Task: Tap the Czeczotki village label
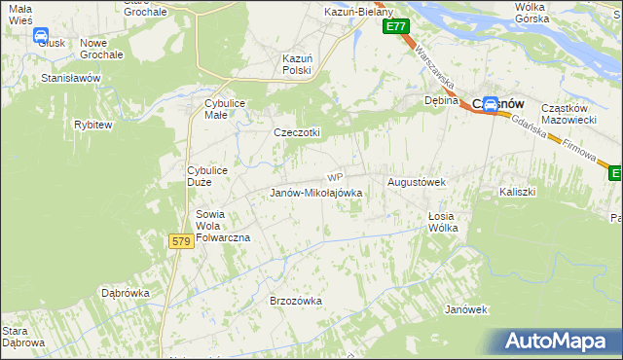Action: coord(297,132)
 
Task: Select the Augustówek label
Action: coord(417,182)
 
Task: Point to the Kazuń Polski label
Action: coord(296,64)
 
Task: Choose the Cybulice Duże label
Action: coord(206,176)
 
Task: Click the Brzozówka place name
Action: coord(295,301)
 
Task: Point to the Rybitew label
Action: coord(92,125)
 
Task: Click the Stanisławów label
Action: coord(71,77)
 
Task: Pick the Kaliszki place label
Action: coord(518,192)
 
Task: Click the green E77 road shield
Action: coord(394,27)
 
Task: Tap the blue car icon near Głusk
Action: coord(42,36)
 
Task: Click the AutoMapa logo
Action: coord(559,342)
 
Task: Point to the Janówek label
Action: coord(464,309)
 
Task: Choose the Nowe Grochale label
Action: coord(101,49)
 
